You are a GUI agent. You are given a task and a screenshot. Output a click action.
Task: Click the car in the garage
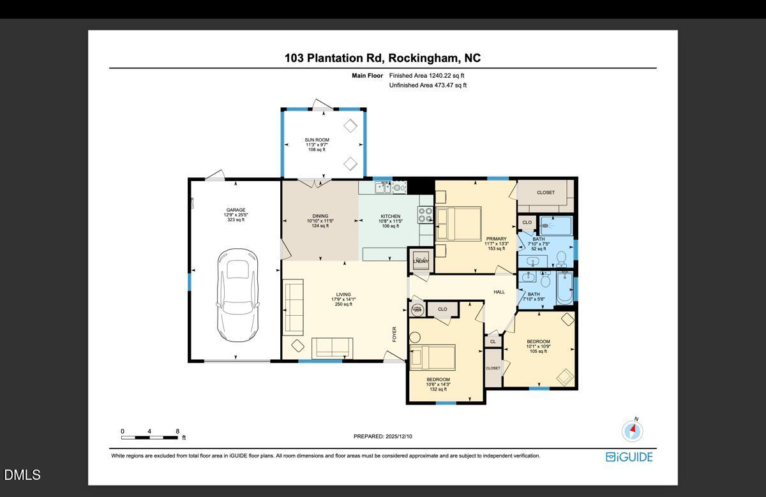(238, 295)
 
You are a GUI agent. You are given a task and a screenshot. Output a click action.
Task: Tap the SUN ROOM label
(317, 140)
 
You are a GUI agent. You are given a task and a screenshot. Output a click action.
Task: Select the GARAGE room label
(236, 210)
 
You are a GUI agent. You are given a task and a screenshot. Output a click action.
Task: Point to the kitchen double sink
(383, 187)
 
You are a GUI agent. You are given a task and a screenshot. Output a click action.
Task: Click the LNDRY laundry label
(421, 262)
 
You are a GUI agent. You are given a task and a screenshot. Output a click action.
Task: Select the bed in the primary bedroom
(459, 224)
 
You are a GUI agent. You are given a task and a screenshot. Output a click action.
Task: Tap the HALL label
(499, 292)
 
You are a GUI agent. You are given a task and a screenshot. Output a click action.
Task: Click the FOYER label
(394, 334)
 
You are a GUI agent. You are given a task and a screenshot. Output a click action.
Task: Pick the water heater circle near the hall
(417, 309)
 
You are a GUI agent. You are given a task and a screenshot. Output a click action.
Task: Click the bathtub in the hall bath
(565, 289)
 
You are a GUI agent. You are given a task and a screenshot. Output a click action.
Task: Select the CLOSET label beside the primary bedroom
(545, 193)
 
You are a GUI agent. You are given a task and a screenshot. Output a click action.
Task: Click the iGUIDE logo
(629, 457)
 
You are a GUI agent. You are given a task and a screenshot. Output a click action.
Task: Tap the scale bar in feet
(150, 437)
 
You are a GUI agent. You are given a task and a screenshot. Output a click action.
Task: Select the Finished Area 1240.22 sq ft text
(427, 75)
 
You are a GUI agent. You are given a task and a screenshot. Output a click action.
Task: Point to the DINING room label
(320, 216)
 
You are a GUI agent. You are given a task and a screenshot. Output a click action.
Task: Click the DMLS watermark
(22, 475)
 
